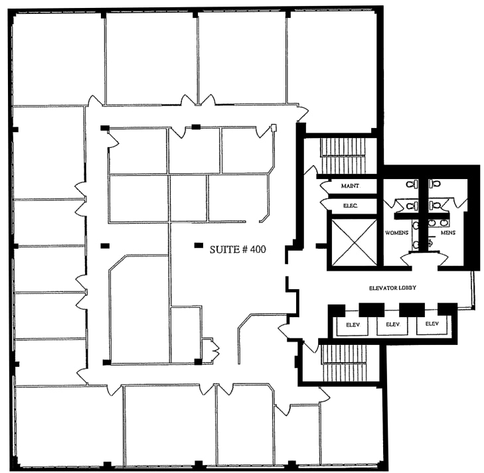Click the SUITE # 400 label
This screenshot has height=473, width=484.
[238, 249]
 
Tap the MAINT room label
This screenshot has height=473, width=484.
[350, 186]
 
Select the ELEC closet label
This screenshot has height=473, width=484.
[350, 206]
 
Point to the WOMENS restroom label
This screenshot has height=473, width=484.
[396, 233]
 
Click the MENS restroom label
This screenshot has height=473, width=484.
[448, 233]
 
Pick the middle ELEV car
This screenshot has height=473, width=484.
[391, 324]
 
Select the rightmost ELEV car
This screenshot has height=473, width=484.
[432, 324]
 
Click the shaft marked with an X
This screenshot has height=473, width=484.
[353, 241]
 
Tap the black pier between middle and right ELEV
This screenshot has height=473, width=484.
[412, 309]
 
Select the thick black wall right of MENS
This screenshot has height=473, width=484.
[471, 219]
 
